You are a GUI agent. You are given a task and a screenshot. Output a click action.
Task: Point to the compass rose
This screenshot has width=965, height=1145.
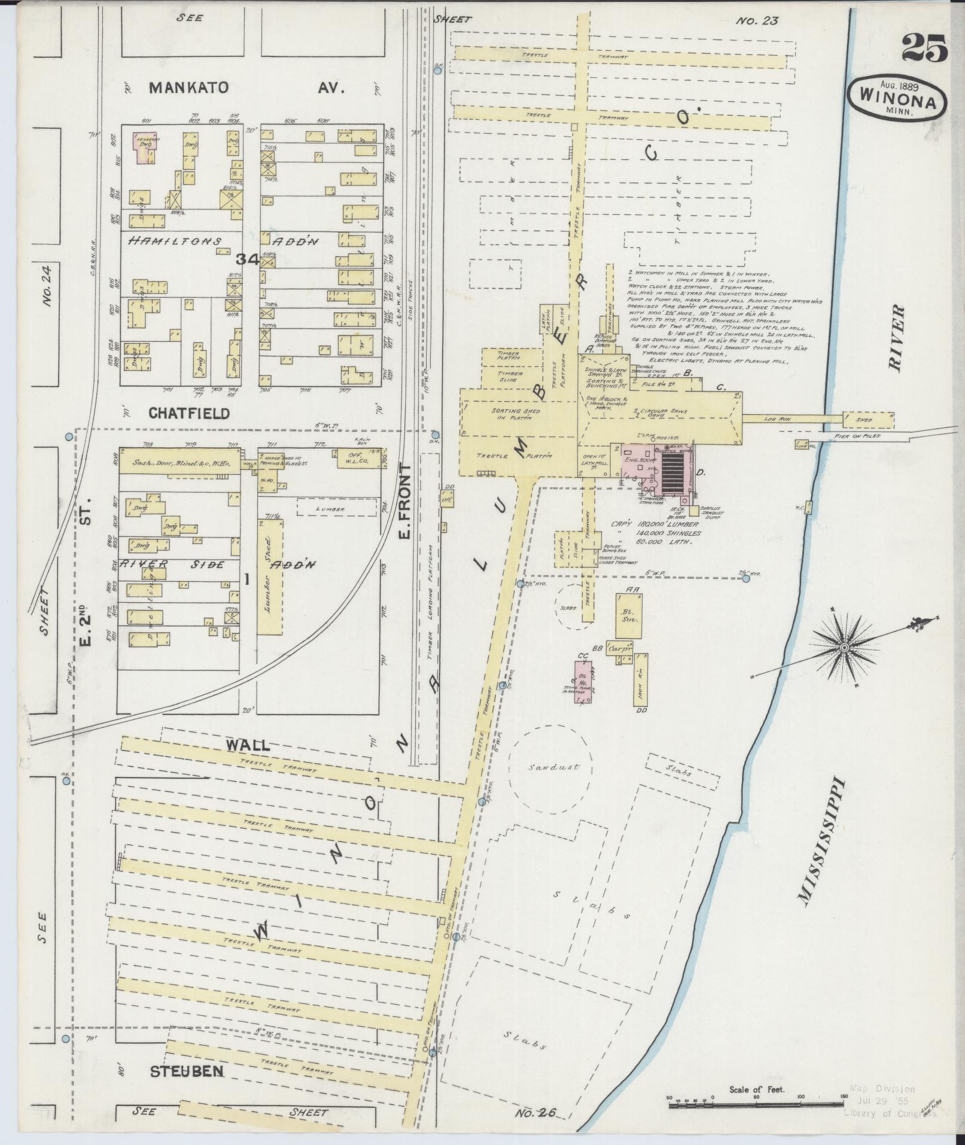point(844,648)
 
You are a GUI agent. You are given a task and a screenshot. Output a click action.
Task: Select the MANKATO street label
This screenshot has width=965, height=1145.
point(188,88)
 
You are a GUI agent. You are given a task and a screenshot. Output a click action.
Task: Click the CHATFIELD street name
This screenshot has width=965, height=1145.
point(189,414)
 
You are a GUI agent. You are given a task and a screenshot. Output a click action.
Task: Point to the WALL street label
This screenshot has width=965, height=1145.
point(247,745)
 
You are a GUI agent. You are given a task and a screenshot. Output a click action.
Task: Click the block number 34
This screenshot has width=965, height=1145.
point(246,259)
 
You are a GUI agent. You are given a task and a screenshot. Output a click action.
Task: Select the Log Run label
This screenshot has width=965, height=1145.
point(778,420)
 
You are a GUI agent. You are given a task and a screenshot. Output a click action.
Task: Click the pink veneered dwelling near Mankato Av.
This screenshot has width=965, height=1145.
point(144,147)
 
